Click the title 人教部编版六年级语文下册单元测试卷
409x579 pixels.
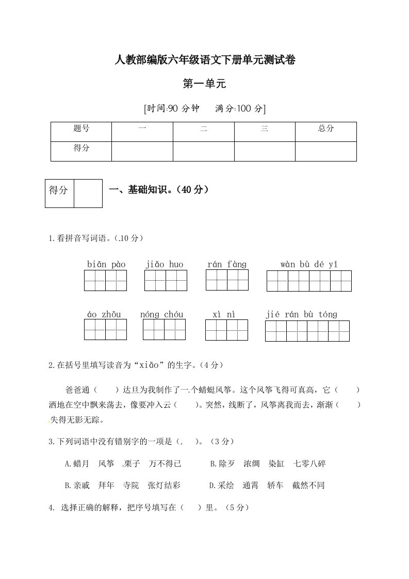(x=205, y=60)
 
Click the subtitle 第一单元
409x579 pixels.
(x=205, y=84)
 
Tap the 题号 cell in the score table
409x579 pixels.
(x=81, y=129)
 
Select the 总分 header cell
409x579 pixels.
(x=326, y=129)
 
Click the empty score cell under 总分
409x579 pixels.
(x=326, y=151)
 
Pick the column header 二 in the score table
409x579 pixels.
(x=204, y=129)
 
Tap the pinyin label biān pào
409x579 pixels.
(x=106, y=265)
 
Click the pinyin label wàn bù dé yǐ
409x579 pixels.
(x=309, y=265)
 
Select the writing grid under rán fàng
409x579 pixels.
(x=227, y=280)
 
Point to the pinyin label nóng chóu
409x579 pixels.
(x=161, y=314)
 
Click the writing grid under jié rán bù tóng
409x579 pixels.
(x=307, y=331)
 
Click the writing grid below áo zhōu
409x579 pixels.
(x=106, y=329)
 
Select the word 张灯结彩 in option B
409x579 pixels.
(x=164, y=486)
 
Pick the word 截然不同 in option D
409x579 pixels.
(x=308, y=486)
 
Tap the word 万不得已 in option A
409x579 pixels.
(x=165, y=464)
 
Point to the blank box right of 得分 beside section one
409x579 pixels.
(x=88, y=194)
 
